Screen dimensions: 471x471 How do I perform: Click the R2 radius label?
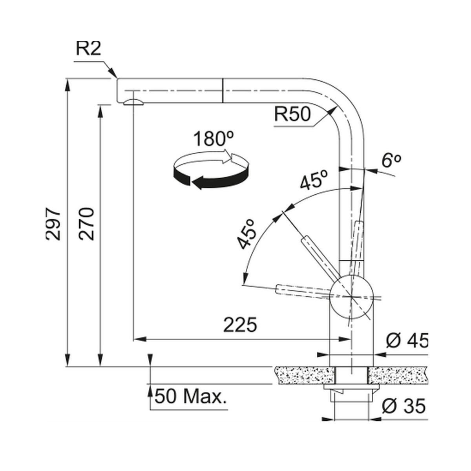[x=88, y=49]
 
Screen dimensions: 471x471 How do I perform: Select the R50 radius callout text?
[x=292, y=114]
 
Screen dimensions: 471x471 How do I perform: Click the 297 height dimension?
[x=53, y=224]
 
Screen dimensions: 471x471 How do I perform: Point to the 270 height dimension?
[x=86, y=224]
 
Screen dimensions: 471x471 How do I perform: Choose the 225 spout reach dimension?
[x=240, y=325]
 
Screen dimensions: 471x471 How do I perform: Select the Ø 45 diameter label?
[x=407, y=340]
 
